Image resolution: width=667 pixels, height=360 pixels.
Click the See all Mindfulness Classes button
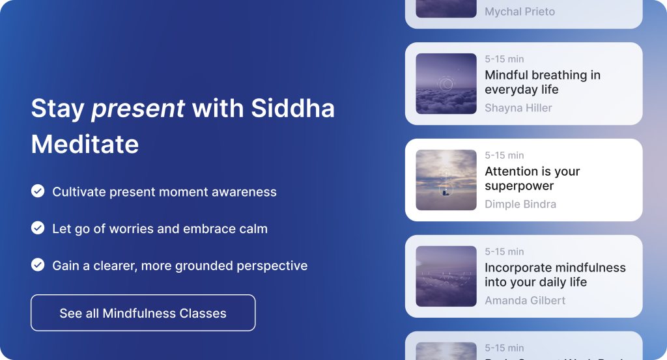tap(143, 313)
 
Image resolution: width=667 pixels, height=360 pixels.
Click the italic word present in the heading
tap(137, 108)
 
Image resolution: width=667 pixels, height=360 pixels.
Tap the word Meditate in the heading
tap(85, 144)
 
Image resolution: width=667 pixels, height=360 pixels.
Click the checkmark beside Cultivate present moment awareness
tap(38, 191)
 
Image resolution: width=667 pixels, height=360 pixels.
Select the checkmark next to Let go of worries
tap(38, 228)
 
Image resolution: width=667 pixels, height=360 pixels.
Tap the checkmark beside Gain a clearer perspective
tap(38, 265)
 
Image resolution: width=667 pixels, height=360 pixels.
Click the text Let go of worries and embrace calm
tap(160, 228)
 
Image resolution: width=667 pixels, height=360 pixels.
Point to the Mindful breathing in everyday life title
tap(542, 83)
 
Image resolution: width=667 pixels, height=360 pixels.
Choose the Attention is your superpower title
tap(532, 179)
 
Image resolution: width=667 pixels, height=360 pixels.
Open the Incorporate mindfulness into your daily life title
tap(555, 275)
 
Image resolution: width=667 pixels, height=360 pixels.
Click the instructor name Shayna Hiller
tap(518, 108)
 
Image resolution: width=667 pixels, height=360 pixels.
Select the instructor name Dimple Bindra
tap(520, 204)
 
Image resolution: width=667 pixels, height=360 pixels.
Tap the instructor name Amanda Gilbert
tap(525, 300)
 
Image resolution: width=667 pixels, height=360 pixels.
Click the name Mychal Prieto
tap(519, 12)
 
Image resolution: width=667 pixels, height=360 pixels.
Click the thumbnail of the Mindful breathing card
tap(446, 83)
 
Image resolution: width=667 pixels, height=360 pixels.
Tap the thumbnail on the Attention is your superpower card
tap(446, 180)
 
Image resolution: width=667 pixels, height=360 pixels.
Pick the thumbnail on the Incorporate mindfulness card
tap(446, 276)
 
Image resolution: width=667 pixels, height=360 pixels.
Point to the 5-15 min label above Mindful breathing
tap(504, 59)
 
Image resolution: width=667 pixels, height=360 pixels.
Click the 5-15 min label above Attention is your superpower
tap(504, 156)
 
